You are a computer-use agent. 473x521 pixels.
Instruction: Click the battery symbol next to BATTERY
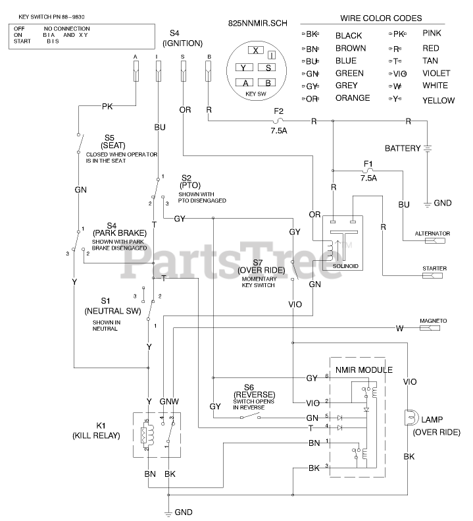(x=428, y=148)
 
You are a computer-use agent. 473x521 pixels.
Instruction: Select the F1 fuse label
(x=368, y=162)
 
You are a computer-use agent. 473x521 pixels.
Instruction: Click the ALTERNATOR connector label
(x=432, y=233)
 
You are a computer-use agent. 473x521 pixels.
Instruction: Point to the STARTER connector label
(x=435, y=268)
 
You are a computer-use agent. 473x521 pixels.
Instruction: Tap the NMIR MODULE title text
(x=363, y=370)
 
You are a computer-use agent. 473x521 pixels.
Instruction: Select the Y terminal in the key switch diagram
(x=243, y=67)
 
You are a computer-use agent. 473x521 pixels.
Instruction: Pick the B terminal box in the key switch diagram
(x=268, y=82)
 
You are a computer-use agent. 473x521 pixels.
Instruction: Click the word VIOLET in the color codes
(x=436, y=73)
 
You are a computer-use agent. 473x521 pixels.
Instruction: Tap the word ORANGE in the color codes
(x=353, y=98)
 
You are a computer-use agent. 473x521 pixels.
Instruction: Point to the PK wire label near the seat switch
(x=108, y=105)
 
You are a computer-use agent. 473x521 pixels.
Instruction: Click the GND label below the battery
(x=443, y=203)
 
